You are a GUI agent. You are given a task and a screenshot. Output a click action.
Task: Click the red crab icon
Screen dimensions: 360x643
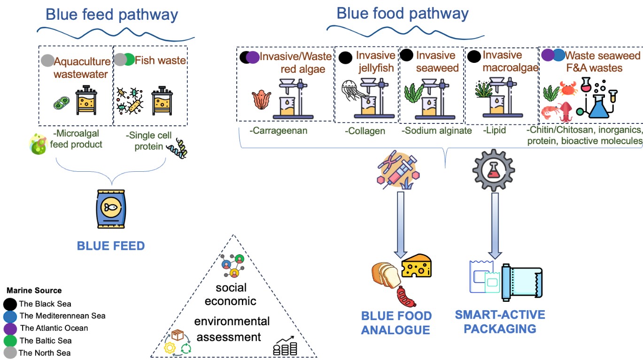(568, 88)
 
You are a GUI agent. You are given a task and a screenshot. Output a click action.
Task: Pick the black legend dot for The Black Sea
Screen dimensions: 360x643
(10, 304)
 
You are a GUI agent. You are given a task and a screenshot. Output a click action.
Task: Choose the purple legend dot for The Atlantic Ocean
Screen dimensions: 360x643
(10, 328)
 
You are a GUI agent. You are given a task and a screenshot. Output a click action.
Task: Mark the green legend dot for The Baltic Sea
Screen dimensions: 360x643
(10, 340)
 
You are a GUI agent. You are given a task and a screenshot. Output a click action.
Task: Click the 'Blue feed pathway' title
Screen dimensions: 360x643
(112, 15)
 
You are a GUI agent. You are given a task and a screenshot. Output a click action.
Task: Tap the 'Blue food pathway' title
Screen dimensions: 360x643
(403, 13)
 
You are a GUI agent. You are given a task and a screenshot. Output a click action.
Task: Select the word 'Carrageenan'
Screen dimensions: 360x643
(280, 130)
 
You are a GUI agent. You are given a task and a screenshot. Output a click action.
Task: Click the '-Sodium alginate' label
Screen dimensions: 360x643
(437, 130)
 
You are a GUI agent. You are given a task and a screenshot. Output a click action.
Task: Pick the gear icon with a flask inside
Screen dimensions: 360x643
(493, 170)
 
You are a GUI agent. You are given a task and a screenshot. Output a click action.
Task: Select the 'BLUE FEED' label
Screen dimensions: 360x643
(111, 245)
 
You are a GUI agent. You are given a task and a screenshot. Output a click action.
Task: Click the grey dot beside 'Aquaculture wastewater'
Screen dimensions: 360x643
(47, 61)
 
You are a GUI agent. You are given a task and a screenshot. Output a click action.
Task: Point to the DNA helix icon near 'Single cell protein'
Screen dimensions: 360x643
(178, 148)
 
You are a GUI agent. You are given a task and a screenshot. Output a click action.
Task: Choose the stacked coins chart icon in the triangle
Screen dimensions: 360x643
(286, 346)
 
